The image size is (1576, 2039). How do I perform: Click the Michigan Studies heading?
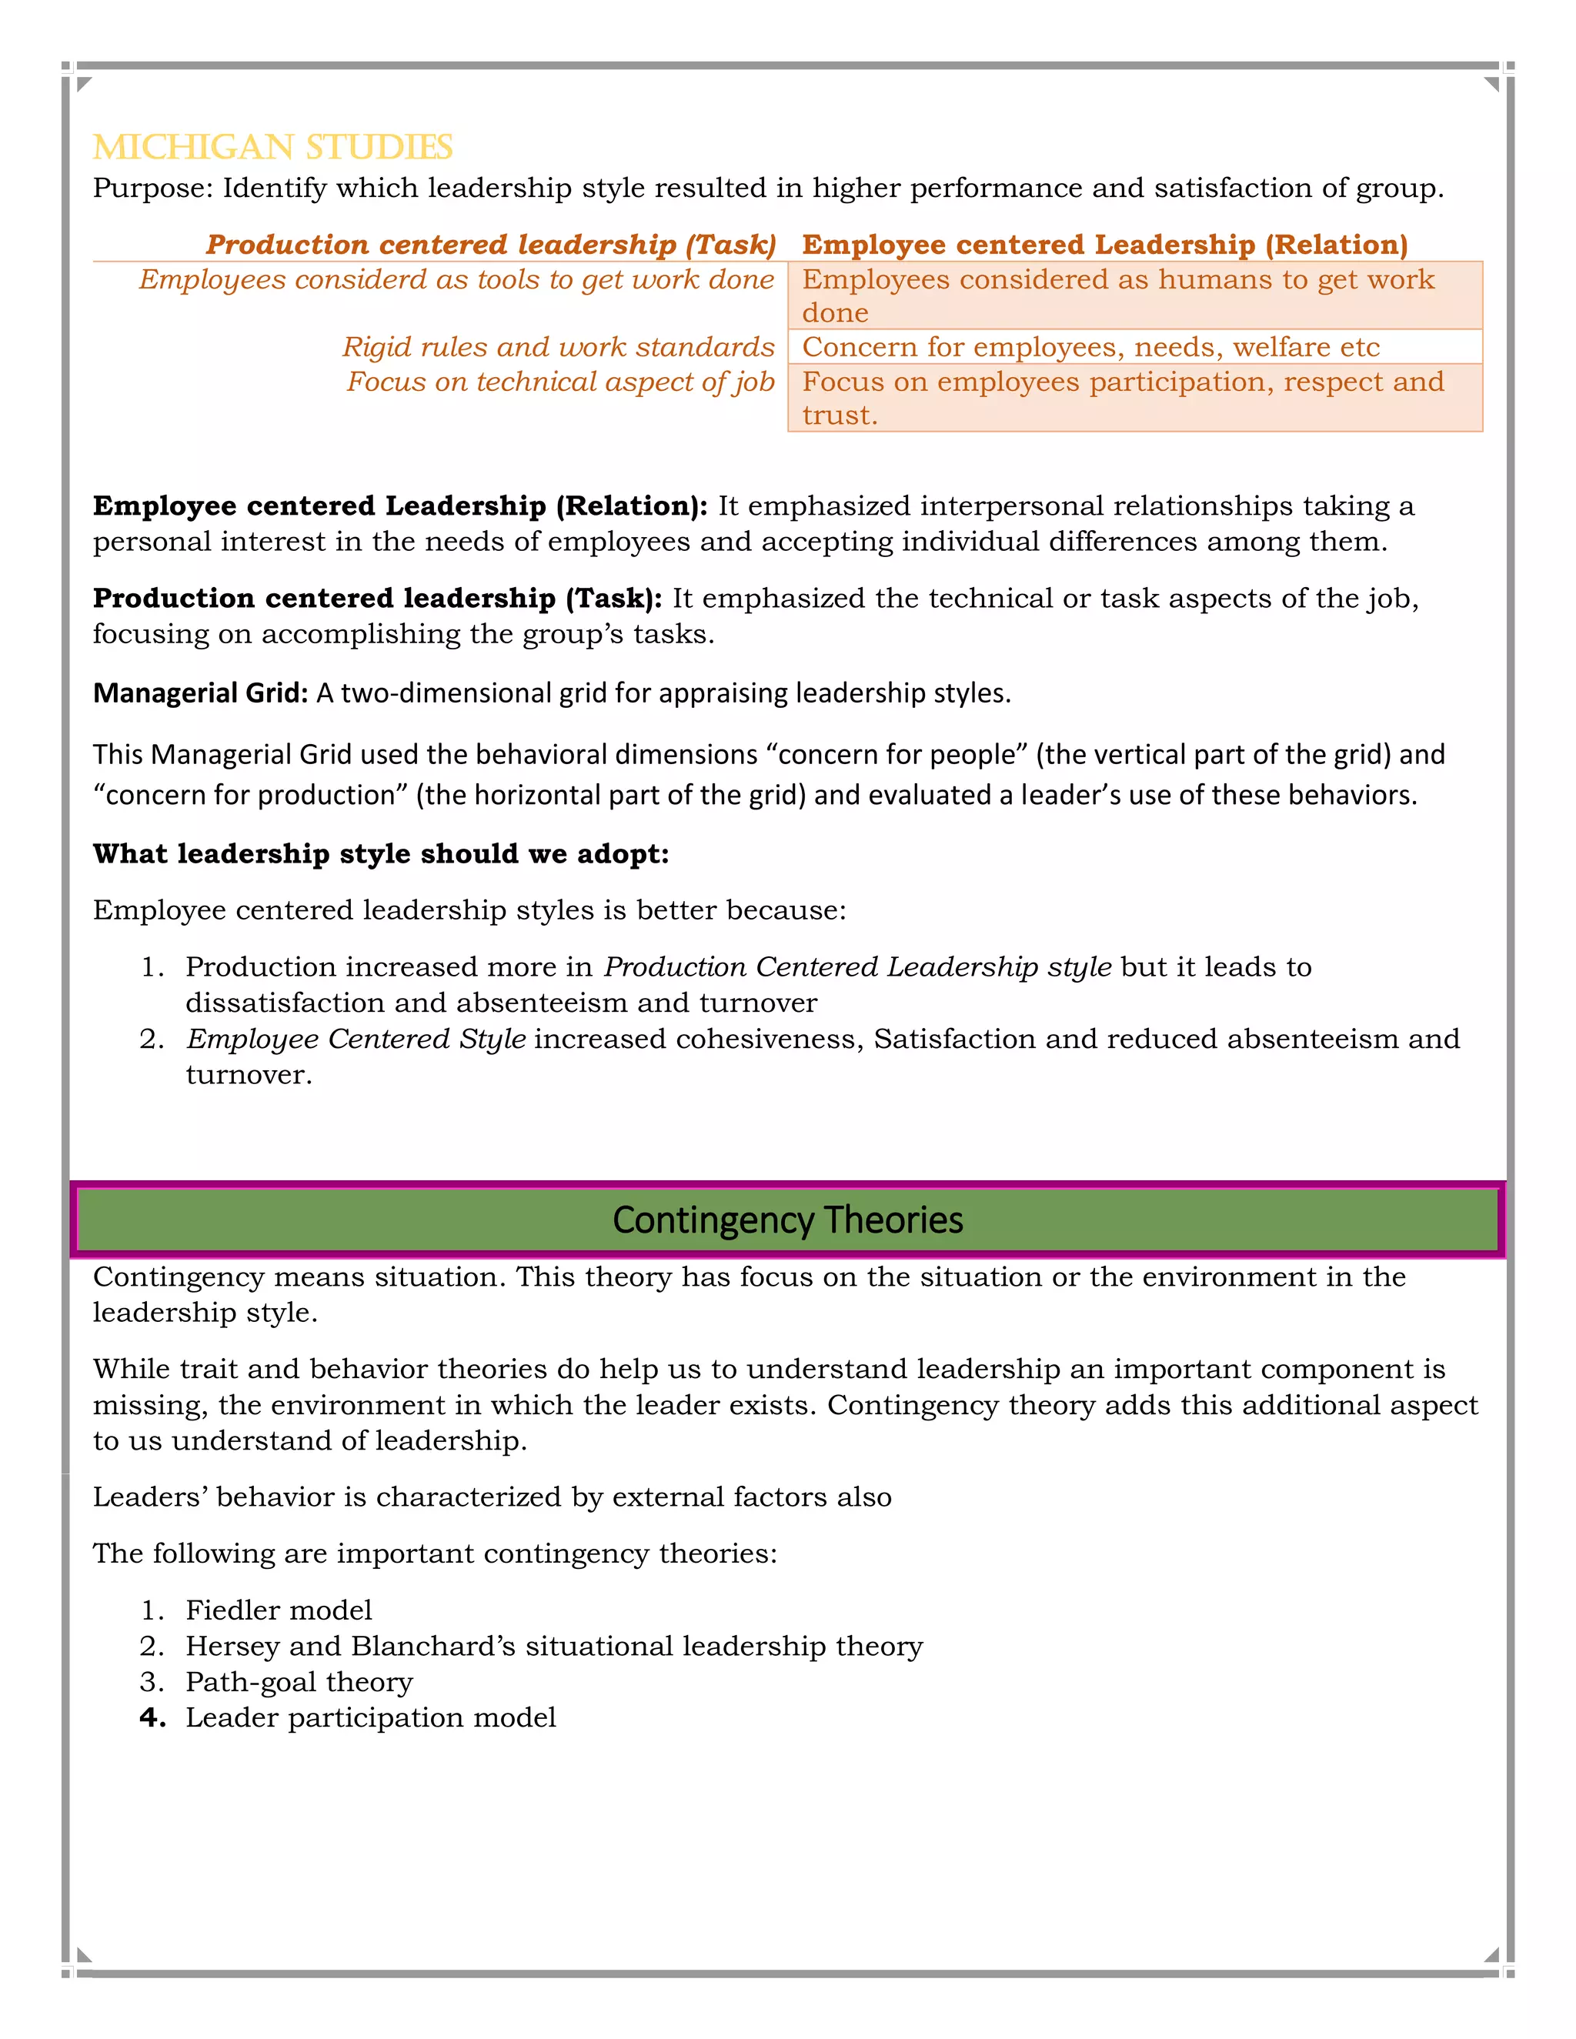pos(272,148)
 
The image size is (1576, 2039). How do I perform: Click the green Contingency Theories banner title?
pos(787,1220)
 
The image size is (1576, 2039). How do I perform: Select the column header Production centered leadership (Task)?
pos(491,245)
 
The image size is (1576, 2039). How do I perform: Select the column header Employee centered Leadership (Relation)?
pos(1104,245)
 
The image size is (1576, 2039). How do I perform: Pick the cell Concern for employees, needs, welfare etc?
pos(1090,347)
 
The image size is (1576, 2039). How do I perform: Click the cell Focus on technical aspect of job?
pos(561,382)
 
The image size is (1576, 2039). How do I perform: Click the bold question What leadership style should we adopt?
pos(381,854)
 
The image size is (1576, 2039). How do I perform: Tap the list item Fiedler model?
pos(279,1610)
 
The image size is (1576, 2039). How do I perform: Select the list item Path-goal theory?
pos(299,1682)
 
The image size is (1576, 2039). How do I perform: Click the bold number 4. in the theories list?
pos(153,1718)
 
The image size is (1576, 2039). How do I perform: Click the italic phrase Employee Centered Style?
pos(356,1039)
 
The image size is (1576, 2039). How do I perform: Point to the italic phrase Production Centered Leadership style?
pos(857,967)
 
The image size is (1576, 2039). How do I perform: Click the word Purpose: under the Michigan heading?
pos(153,189)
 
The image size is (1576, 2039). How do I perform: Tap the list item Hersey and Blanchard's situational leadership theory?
pos(553,1646)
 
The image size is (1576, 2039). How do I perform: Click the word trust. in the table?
pos(840,415)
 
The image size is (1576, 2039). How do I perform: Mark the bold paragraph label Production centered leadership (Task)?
pos(377,599)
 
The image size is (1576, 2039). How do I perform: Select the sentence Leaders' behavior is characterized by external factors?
pos(492,1497)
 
